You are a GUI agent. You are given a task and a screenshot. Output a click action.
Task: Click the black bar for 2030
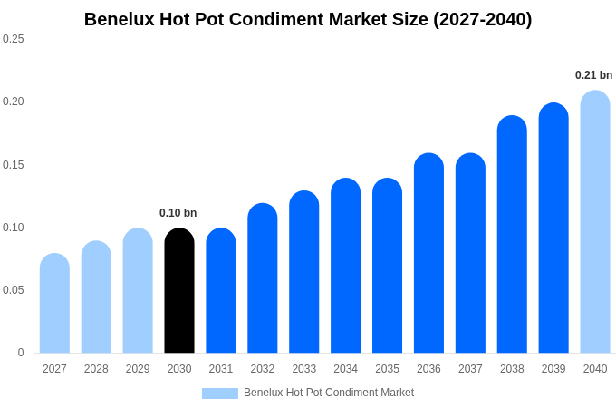pyautogui.click(x=179, y=291)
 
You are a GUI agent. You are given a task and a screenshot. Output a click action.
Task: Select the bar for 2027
pyautogui.click(x=54, y=304)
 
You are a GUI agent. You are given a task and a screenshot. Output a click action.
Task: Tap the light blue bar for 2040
pyautogui.click(x=595, y=222)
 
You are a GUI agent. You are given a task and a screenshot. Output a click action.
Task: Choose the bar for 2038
pyautogui.click(x=512, y=235)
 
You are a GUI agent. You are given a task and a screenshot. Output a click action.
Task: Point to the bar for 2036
pyautogui.click(x=428, y=254)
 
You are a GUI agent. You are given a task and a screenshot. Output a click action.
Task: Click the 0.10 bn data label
pyautogui.click(x=178, y=213)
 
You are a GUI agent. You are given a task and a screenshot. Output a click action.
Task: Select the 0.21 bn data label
pyautogui.click(x=593, y=75)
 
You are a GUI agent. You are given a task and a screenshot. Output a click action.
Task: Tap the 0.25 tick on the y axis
pyautogui.click(x=14, y=39)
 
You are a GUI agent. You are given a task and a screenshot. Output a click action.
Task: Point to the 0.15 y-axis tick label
pyautogui.click(x=14, y=165)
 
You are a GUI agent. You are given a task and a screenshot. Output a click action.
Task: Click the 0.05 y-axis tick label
pyautogui.click(x=14, y=290)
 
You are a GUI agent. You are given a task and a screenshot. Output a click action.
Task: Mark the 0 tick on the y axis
pyautogui.click(x=21, y=353)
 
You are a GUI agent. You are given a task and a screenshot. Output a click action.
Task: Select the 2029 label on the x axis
pyautogui.click(x=138, y=369)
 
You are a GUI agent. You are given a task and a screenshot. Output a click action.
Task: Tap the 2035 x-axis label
pyautogui.click(x=387, y=369)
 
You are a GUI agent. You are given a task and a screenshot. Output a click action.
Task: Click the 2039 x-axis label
pyautogui.click(x=553, y=369)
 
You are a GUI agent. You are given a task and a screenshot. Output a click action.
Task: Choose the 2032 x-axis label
pyautogui.click(x=263, y=369)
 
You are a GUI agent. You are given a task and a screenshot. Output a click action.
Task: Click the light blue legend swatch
pyautogui.click(x=219, y=393)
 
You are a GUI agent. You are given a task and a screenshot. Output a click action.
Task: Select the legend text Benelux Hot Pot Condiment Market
pyautogui.click(x=328, y=393)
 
